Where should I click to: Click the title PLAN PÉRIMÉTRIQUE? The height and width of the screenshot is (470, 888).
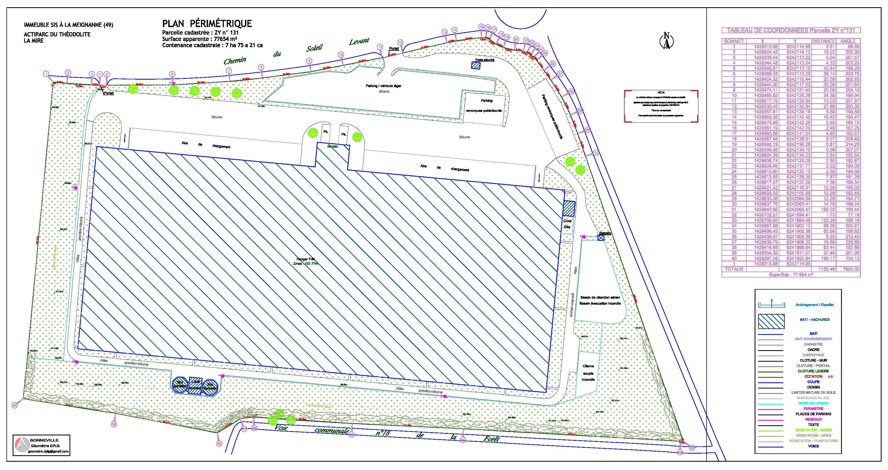tap(207, 23)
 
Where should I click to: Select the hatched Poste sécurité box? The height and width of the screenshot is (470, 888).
tap(476, 66)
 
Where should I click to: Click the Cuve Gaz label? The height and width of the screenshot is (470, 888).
tap(567, 224)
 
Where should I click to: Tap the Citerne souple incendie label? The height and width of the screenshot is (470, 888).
tap(588, 373)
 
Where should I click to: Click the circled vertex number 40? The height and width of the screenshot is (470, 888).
tap(14, 406)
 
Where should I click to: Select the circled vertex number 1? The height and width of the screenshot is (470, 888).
tap(46, 73)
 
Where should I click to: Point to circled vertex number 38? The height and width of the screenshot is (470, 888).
tap(219, 444)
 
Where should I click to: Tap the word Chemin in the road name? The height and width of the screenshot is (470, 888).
tap(235, 61)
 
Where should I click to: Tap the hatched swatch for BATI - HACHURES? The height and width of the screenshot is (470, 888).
tap(771, 321)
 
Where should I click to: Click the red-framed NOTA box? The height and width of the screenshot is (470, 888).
tap(661, 106)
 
